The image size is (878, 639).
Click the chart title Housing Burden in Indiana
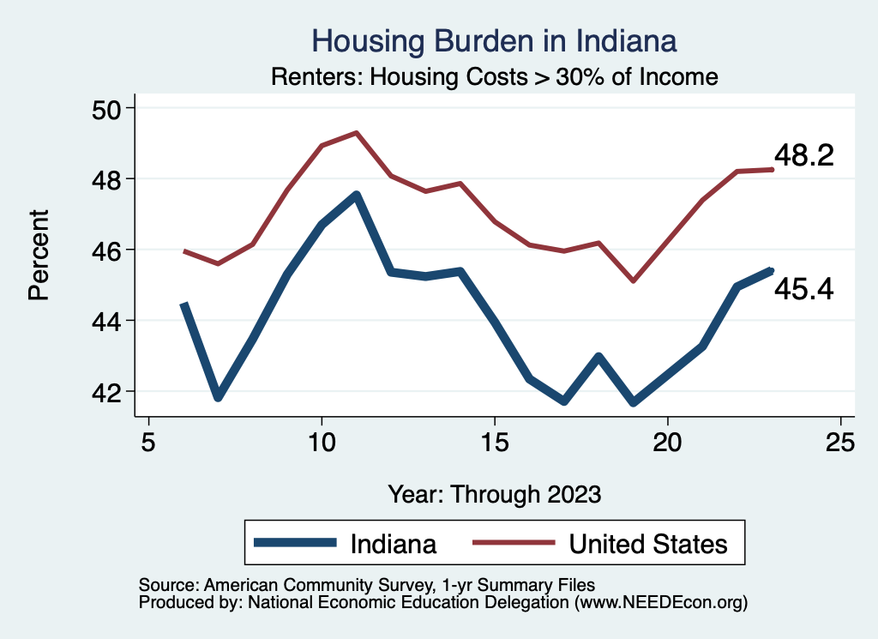click(494, 40)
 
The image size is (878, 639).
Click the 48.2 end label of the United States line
click(803, 155)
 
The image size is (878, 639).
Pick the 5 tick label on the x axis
click(149, 443)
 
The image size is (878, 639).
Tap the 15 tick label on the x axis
click(495, 443)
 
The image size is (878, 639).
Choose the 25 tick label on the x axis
click(840, 443)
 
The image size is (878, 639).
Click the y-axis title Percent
click(39, 254)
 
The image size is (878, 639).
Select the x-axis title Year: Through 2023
click(495, 494)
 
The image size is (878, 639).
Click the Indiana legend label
click(394, 544)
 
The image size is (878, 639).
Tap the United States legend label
click(648, 544)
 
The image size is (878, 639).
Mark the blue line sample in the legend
click(295, 544)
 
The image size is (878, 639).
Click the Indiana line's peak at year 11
click(357, 195)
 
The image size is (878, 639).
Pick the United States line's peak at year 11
click(357, 133)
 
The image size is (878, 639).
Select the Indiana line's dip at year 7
click(219, 397)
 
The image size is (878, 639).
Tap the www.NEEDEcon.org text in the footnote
click(660, 603)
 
